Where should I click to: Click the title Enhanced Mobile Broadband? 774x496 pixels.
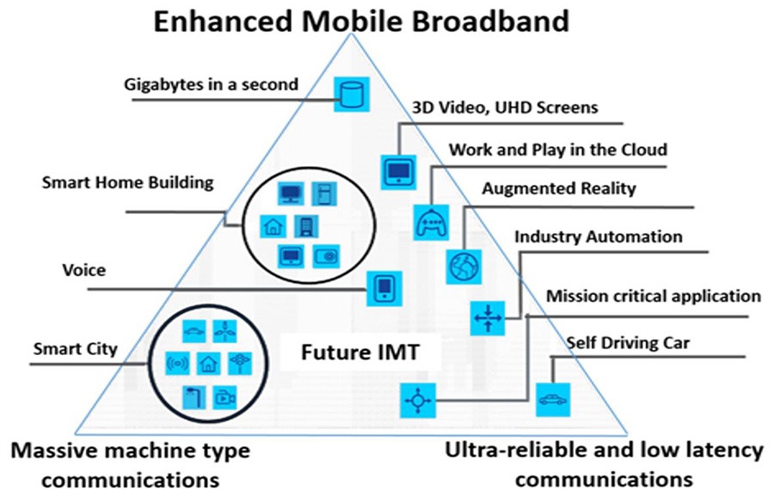pos(360,21)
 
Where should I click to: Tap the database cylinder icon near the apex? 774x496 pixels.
pos(348,93)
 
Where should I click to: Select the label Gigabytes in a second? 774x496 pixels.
pos(210,84)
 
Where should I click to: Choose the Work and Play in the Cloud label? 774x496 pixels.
pos(557,149)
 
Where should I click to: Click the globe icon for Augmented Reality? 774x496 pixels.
pos(461,266)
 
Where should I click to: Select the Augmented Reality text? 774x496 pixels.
pos(558,188)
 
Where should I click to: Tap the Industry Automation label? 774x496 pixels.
pos(598,236)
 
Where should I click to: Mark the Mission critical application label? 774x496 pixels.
pos(654,297)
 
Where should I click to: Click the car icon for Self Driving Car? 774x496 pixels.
pos(551,400)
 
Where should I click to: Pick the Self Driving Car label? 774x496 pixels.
pos(628,344)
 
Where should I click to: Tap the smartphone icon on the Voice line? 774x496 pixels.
pos(384,288)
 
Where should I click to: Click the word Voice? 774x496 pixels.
pos(84,271)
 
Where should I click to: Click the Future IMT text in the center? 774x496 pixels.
pos(352,352)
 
